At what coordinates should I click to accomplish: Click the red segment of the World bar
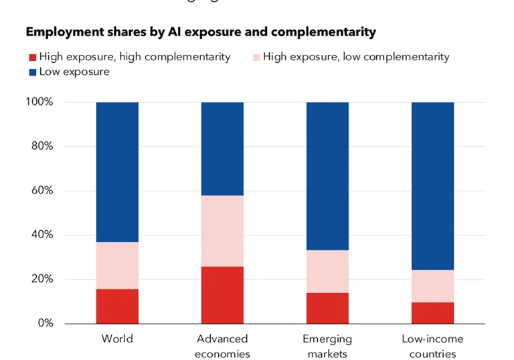117,306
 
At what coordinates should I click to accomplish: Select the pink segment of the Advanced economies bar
222,231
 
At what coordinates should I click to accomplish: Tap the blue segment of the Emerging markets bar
327,176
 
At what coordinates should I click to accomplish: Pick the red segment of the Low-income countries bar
432,313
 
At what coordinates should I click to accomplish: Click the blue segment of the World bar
117,172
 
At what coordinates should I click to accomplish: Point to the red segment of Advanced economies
222,295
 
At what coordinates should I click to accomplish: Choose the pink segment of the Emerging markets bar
327,271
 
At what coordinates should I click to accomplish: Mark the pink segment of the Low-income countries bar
432,286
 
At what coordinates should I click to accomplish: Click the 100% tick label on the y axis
39,102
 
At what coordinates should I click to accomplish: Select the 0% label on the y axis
45,323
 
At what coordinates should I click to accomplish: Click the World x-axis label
117,339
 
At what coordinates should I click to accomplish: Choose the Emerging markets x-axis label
327,346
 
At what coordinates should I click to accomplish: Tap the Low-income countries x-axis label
432,346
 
